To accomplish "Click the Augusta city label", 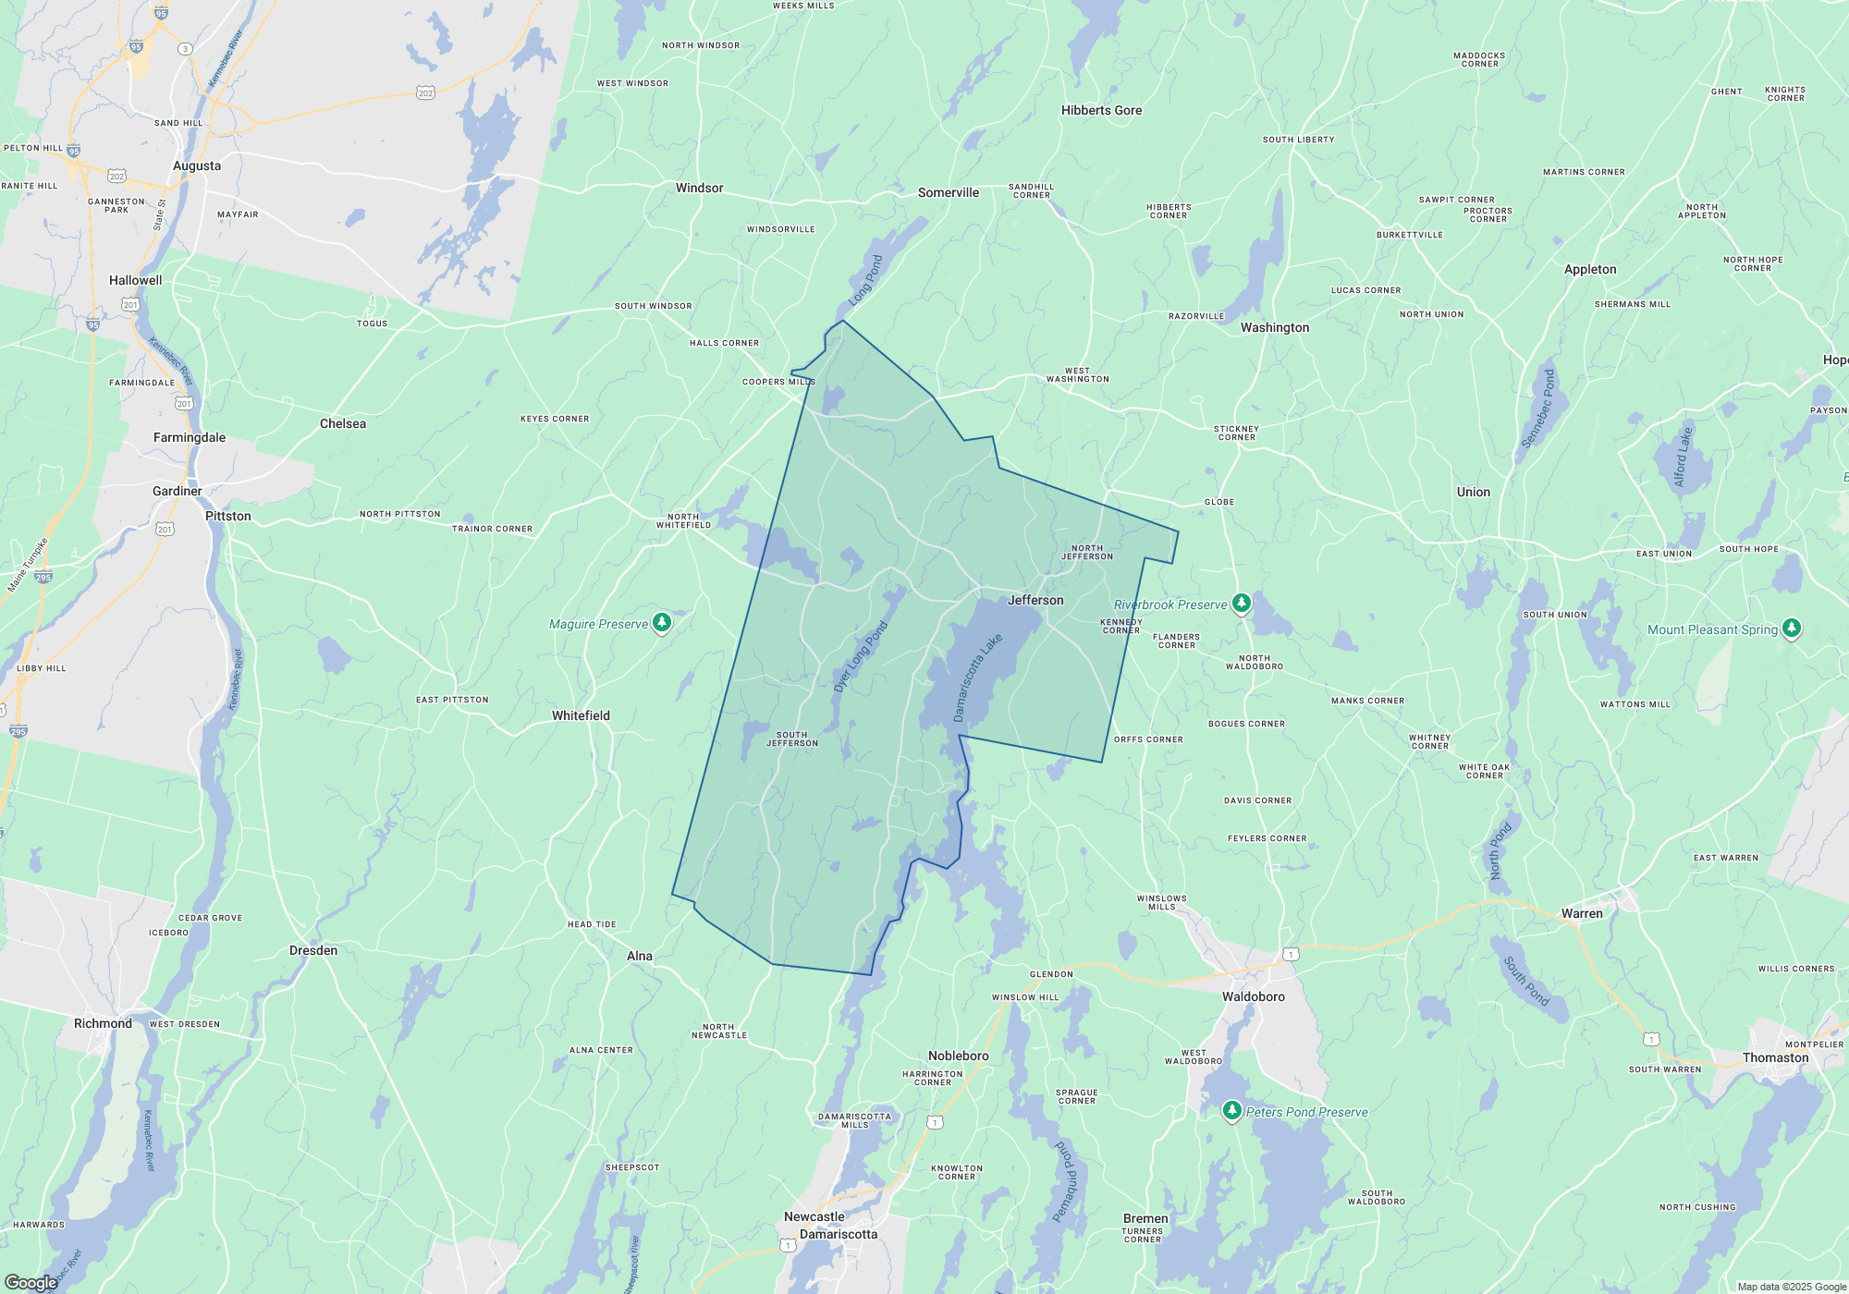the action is [197, 166].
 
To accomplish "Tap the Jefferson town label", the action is [1035, 600].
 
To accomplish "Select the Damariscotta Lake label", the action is [977, 678].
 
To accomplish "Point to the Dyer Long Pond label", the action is [860, 656].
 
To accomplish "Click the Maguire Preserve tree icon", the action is [662, 623].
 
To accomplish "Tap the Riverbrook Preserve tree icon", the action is [1242, 604].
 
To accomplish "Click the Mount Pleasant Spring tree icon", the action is [1792, 629].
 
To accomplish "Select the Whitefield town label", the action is [581, 715].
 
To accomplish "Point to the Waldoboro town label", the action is [1254, 996].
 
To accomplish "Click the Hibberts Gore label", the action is [1101, 110].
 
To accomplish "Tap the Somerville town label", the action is [948, 192].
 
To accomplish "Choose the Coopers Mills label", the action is [778, 382].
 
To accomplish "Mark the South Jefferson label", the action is [792, 739].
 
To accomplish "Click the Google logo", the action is [31, 1282].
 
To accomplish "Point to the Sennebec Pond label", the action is [1537, 409].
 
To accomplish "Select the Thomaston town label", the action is [1775, 1057].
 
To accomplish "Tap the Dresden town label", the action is [313, 950].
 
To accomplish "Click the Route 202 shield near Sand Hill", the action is [425, 92].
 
